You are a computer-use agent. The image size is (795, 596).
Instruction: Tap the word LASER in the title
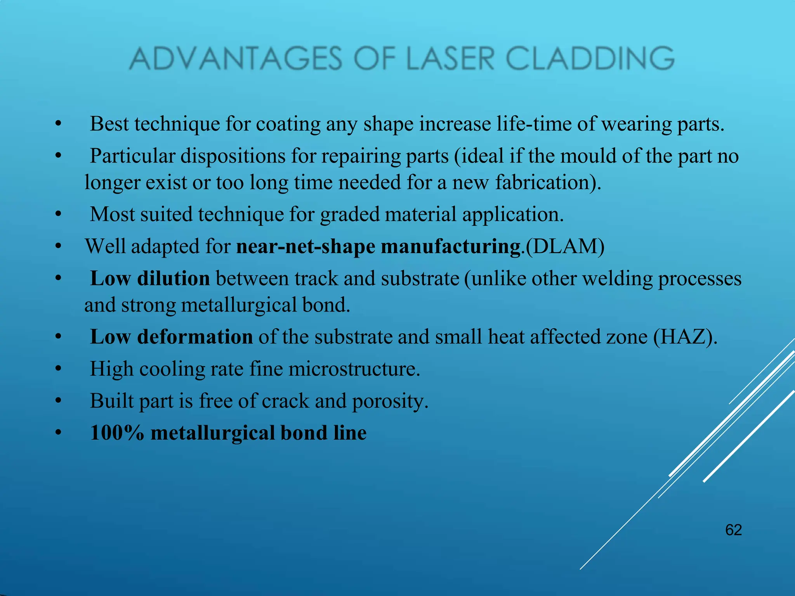pos(450,59)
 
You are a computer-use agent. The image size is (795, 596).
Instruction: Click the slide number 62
pos(733,530)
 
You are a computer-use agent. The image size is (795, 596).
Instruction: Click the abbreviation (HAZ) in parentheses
pos(683,337)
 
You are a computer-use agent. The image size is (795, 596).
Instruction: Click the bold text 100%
pos(117,433)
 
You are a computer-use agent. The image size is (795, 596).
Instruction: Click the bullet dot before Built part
pos(58,401)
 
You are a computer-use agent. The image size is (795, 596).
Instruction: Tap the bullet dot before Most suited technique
pos(58,215)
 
